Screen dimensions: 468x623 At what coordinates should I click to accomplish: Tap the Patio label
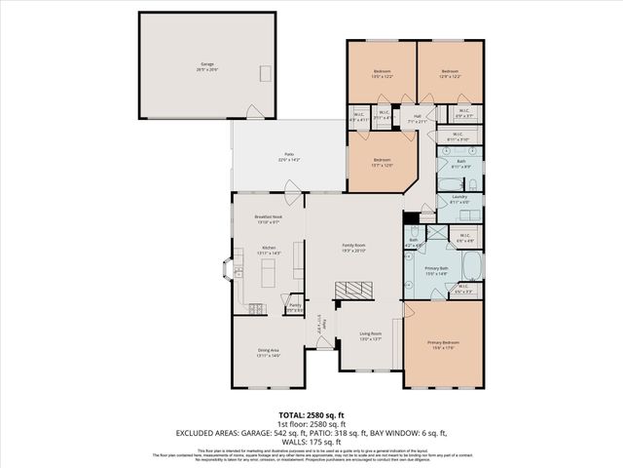289,156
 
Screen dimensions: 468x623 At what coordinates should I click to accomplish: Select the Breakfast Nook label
268,219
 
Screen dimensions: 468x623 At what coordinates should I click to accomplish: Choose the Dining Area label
269,353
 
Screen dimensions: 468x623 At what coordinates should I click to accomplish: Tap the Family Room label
352,247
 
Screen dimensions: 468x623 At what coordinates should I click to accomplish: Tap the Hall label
417,118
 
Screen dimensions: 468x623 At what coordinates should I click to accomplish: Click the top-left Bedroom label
382,73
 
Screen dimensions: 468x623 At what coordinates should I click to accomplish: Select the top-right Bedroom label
449,73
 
